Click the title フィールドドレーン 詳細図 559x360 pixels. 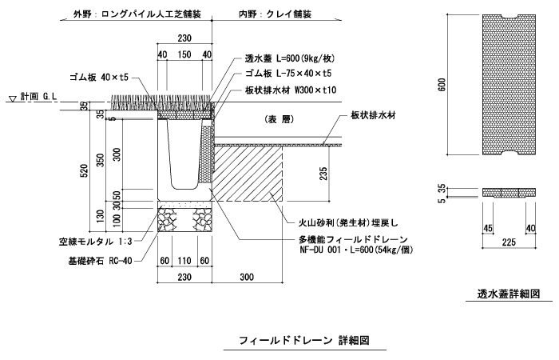click(x=304, y=341)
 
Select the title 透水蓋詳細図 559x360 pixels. click(x=509, y=294)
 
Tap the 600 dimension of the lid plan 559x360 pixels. click(x=442, y=84)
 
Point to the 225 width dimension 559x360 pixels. click(x=509, y=242)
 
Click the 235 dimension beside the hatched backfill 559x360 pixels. click(x=323, y=174)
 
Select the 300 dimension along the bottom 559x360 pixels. click(x=247, y=277)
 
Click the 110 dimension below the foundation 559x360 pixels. click(x=184, y=261)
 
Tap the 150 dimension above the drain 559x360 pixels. click(x=184, y=54)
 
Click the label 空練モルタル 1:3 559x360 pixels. click(x=96, y=242)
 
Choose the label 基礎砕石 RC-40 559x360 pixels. click(x=100, y=261)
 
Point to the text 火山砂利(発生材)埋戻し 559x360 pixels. click(x=348, y=223)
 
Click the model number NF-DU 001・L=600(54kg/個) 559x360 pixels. click(x=356, y=250)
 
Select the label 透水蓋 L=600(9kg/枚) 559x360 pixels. click(x=290, y=58)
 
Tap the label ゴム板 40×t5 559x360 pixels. click(x=99, y=77)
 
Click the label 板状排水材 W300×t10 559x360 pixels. click(x=291, y=90)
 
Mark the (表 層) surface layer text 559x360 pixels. click(x=279, y=120)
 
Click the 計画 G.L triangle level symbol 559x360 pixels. click(x=13, y=98)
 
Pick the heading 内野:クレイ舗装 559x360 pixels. click(x=276, y=14)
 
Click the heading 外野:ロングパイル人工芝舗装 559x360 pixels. click(x=137, y=14)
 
